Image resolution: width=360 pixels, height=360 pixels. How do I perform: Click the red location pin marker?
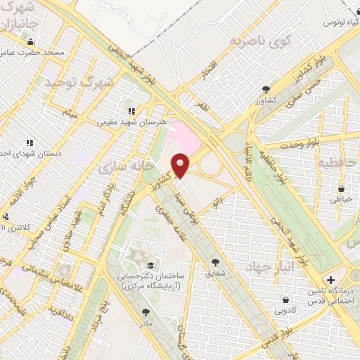pyautogui.click(x=181, y=166)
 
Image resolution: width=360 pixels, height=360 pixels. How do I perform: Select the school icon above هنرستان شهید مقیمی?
pyautogui.click(x=131, y=111)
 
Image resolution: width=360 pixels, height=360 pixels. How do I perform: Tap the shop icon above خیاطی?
pyautogui.click(x=340, y=188)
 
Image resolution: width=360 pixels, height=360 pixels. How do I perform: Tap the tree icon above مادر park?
pyautogui.click(x=146, y=311)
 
